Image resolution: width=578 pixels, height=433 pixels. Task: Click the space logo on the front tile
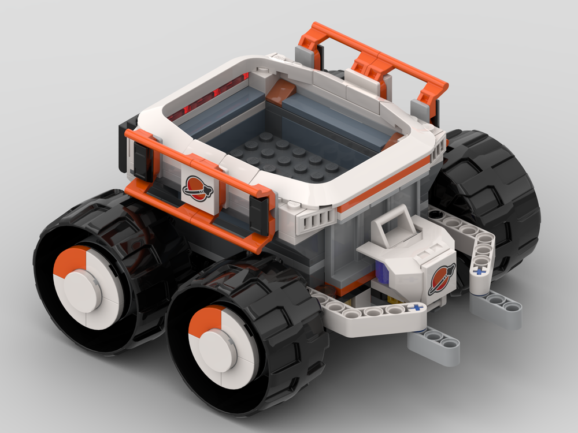(x=197, y=187)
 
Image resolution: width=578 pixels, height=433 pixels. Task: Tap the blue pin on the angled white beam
(x=479, y=268)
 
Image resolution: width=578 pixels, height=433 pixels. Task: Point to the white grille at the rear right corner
(x=439, y=144)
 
